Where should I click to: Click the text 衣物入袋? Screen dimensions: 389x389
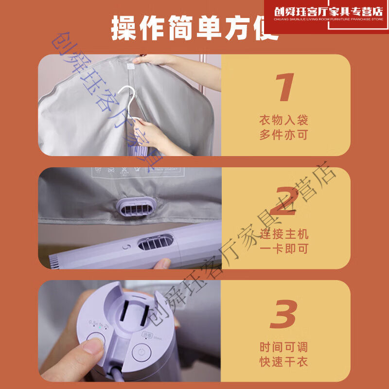(x=283, y=120)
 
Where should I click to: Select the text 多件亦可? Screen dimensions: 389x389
(x=283, y=135)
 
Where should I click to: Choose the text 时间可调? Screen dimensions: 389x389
(x=283, y=347)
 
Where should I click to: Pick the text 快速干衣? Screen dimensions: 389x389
(x=283, y=362)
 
